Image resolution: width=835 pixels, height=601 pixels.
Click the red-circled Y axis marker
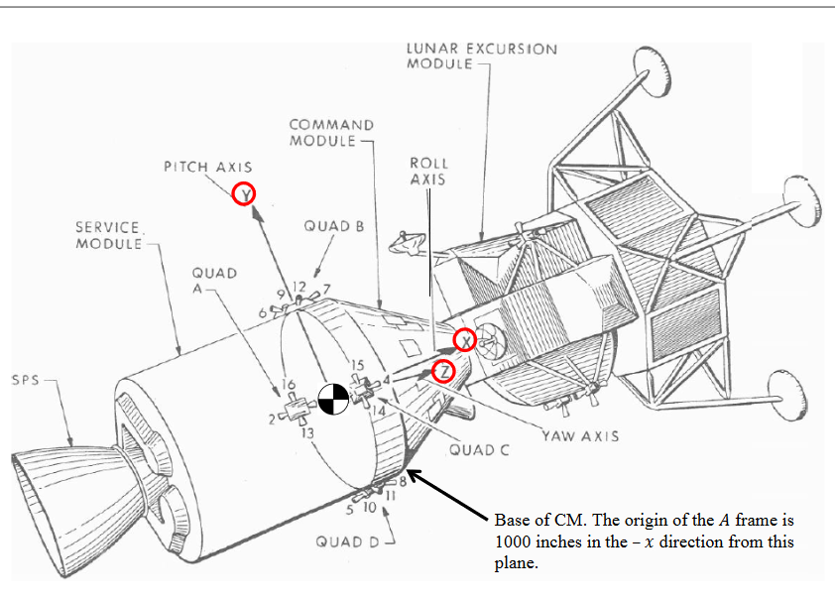(x=244, y=195)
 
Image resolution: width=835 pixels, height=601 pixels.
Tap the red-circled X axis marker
(x=464, y=340)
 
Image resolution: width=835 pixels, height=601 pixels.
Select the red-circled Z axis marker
(x=443, y=372)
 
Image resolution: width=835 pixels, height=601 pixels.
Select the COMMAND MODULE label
(x=331, y=133)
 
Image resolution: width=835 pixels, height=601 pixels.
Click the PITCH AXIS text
(x=207, y=168)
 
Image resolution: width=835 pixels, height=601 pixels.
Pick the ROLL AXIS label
(x=428, y=171)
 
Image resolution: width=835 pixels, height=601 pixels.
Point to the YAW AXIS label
(x=580, y=435)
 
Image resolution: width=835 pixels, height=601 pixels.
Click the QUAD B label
(x=334, y=226)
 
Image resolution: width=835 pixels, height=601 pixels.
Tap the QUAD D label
(x=347, y=541)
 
